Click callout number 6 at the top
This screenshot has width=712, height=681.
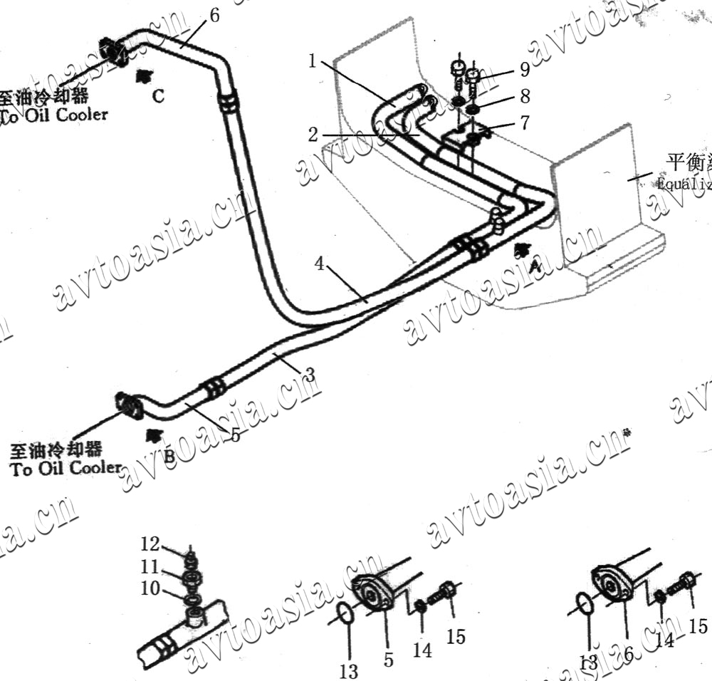(x=215, y=14)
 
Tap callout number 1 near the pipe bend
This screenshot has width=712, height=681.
(x=312, y=61)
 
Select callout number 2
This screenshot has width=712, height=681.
(x=313, y=134)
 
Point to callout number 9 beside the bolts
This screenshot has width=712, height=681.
(x=524, y=69)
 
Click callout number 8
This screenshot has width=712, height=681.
(x=525, y=95)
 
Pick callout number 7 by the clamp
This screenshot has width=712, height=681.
(x=524, y=123)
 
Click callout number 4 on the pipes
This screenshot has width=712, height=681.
(x=320, y=264)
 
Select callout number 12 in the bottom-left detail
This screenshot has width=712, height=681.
(x=150, y=545)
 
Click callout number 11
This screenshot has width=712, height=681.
(x=150, y=568)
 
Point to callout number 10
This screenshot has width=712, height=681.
(x=150, y=590)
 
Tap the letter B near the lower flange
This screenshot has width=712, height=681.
(x=169, y=457)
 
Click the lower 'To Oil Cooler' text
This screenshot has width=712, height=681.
(x=66, y=468)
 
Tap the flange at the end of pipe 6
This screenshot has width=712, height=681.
(x=112, y=51)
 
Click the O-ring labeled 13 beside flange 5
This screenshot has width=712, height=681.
(x=343, y=613)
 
